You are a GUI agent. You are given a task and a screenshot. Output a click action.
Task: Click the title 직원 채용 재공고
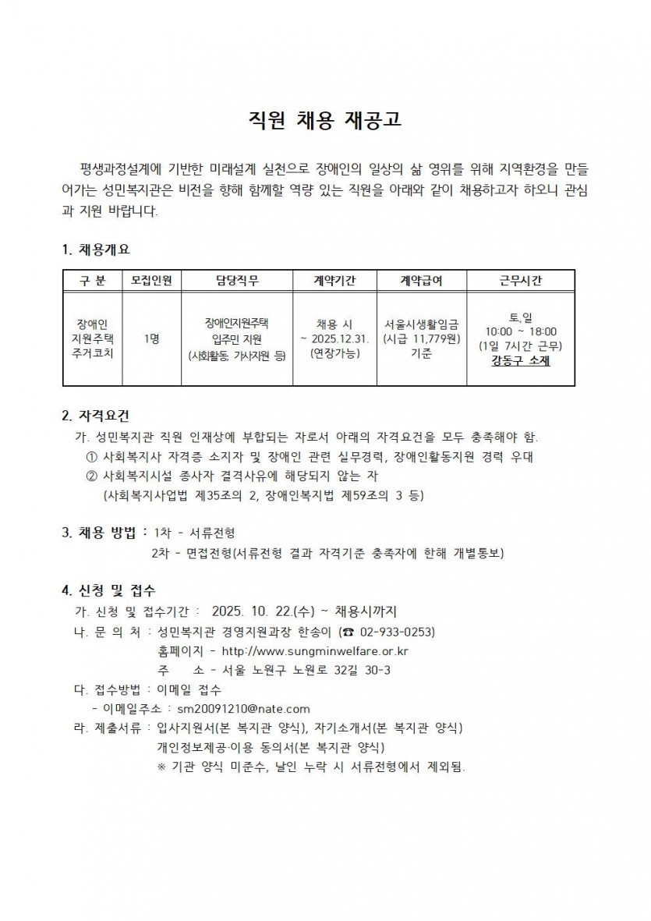[x=325, y=119]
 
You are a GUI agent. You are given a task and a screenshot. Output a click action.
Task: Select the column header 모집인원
[x=151, y=280]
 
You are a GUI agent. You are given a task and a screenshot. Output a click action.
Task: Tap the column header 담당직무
[x=237, y=280]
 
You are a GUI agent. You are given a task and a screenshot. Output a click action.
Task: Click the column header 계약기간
[x=334, y=280]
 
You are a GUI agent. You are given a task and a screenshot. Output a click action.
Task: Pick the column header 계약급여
[x=421, y=280]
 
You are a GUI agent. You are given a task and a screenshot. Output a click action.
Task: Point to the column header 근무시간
[x=520, y=280]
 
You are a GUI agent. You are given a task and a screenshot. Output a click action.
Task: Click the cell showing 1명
[x=151, y=338]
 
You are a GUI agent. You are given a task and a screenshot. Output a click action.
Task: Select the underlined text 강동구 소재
[x=520, y=360]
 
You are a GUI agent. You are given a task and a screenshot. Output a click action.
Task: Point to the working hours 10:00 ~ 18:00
[x=520, y=331]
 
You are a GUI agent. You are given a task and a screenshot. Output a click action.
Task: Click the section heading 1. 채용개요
[x=96, y=250]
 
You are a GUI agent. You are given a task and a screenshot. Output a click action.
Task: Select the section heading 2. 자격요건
[x=96, y=414]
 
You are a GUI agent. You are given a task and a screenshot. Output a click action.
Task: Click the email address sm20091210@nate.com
[x=244, y=709]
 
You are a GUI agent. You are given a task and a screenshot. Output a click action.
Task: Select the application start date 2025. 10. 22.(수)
[x=261, y=611]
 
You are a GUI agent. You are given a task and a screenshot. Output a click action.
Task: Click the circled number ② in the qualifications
[x=90, y=476]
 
